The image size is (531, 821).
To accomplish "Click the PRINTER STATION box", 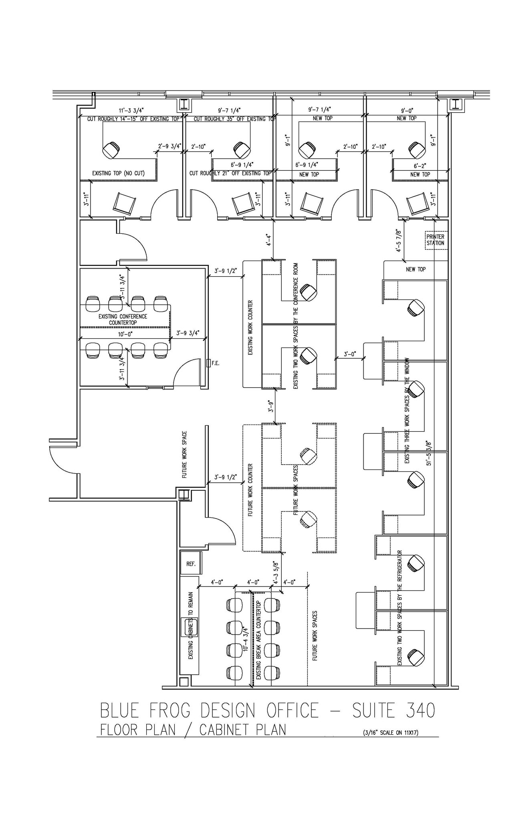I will tap(435, 240).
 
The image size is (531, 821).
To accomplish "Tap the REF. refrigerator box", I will tap(191, 564).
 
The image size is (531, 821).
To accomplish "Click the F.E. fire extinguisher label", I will tap(215, 363).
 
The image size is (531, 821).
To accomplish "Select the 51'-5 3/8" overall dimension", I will tap(429, 453).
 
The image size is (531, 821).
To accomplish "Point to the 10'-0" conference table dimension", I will tap(125, 334).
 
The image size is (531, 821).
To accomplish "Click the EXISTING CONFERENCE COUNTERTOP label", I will tap(123, 320).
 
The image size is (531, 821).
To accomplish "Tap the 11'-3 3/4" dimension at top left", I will tap(131, 110).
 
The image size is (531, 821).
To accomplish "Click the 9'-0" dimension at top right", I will tap(407, 110).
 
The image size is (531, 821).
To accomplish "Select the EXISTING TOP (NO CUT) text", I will tap(118, 173).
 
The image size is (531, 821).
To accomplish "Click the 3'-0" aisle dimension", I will tap(350, 354).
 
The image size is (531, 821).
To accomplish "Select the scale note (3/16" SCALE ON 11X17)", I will tap(390, 733).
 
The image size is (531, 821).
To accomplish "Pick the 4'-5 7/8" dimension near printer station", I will tap(398, 241).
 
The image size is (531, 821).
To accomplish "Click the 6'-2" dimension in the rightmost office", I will tap(420, 166).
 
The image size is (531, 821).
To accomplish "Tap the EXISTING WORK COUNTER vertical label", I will tap(250, 328).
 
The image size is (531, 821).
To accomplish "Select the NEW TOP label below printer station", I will tap(416, 269).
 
